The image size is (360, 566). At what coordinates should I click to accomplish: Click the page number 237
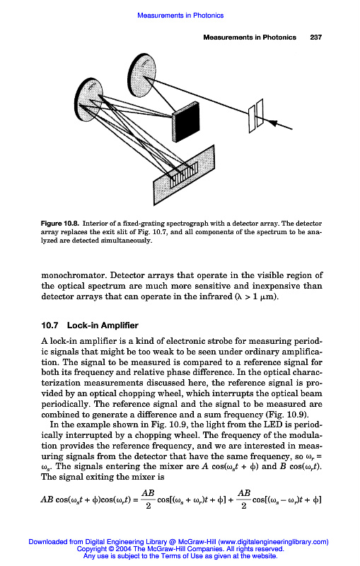click(315, 37)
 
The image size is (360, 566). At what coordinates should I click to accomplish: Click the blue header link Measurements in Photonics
click(180, 16)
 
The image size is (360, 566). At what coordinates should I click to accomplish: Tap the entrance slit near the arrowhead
click(256, 117)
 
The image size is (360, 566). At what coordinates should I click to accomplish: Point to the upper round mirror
click(142, 75)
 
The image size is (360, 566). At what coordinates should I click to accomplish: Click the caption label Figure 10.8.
click(60, 224)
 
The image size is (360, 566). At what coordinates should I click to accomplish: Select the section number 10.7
click(50, 325)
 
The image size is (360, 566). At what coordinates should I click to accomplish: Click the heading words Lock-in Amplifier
click(103, 325)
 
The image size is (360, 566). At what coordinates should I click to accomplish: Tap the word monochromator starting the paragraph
click(74, 275)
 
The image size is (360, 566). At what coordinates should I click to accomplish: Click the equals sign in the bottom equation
click(135, 500)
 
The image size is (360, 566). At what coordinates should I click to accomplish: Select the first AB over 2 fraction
click(148, 499)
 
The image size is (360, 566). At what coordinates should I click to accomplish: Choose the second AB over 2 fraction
click(244, 499)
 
